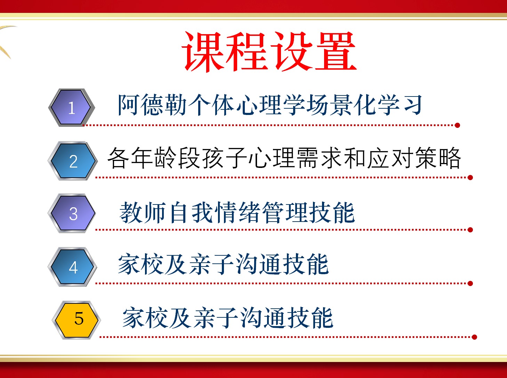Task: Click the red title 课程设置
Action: click(x=269, y=52)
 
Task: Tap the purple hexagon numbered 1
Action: click(x=72, y=107)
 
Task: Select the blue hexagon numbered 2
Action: click(x=73, y=161)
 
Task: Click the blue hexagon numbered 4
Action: click(x=72, y=267)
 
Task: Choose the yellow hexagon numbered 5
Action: click(x=77, y=320)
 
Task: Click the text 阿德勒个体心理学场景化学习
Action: click(x=270, y=105)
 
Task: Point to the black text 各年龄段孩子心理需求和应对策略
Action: click(x=284, y=158)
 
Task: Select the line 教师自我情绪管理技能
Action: click(x=237, y=213)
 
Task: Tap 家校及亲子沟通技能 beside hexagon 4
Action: click(x=223, y=264)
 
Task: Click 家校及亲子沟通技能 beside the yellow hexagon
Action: click(x=228, y=318)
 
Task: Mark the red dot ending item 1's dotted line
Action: click(x=457, y=125)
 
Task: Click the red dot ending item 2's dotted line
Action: click(x=470, y=178)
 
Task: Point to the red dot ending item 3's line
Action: click(x=470, y=230)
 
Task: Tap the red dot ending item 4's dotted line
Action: click(x=470, y=284)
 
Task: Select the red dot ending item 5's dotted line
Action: click(x=474, y=337)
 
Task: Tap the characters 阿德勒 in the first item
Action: click(x=152, y=105)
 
